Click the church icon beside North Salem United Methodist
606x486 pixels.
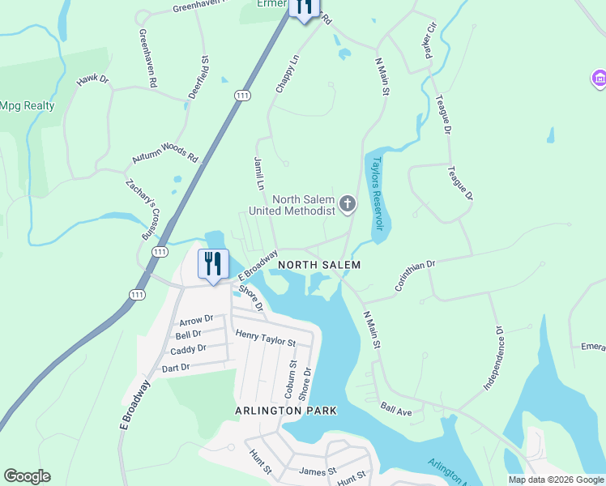click(348, 203)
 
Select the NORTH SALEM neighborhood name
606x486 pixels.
click(318, 265)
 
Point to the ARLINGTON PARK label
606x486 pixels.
click(285, 411)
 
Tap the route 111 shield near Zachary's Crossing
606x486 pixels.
click(160, 252)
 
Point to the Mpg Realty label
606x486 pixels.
click(28, 105)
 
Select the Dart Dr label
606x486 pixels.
click(175, 367)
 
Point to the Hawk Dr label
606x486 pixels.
click(92, 80)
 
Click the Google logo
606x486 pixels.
click(27, 476)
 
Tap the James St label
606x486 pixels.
click(317, 471)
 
